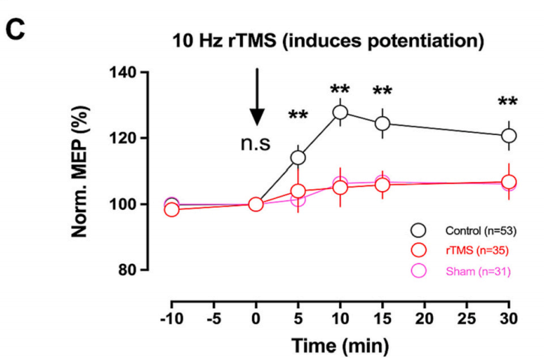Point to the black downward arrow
coord(257,97)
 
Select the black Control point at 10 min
coord(340,112)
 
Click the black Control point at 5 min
coord(298,157)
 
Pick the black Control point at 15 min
coord(383,124)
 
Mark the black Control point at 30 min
coord(509,136)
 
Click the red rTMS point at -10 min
coord(172,209)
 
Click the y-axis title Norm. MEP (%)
coord(86,172)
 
